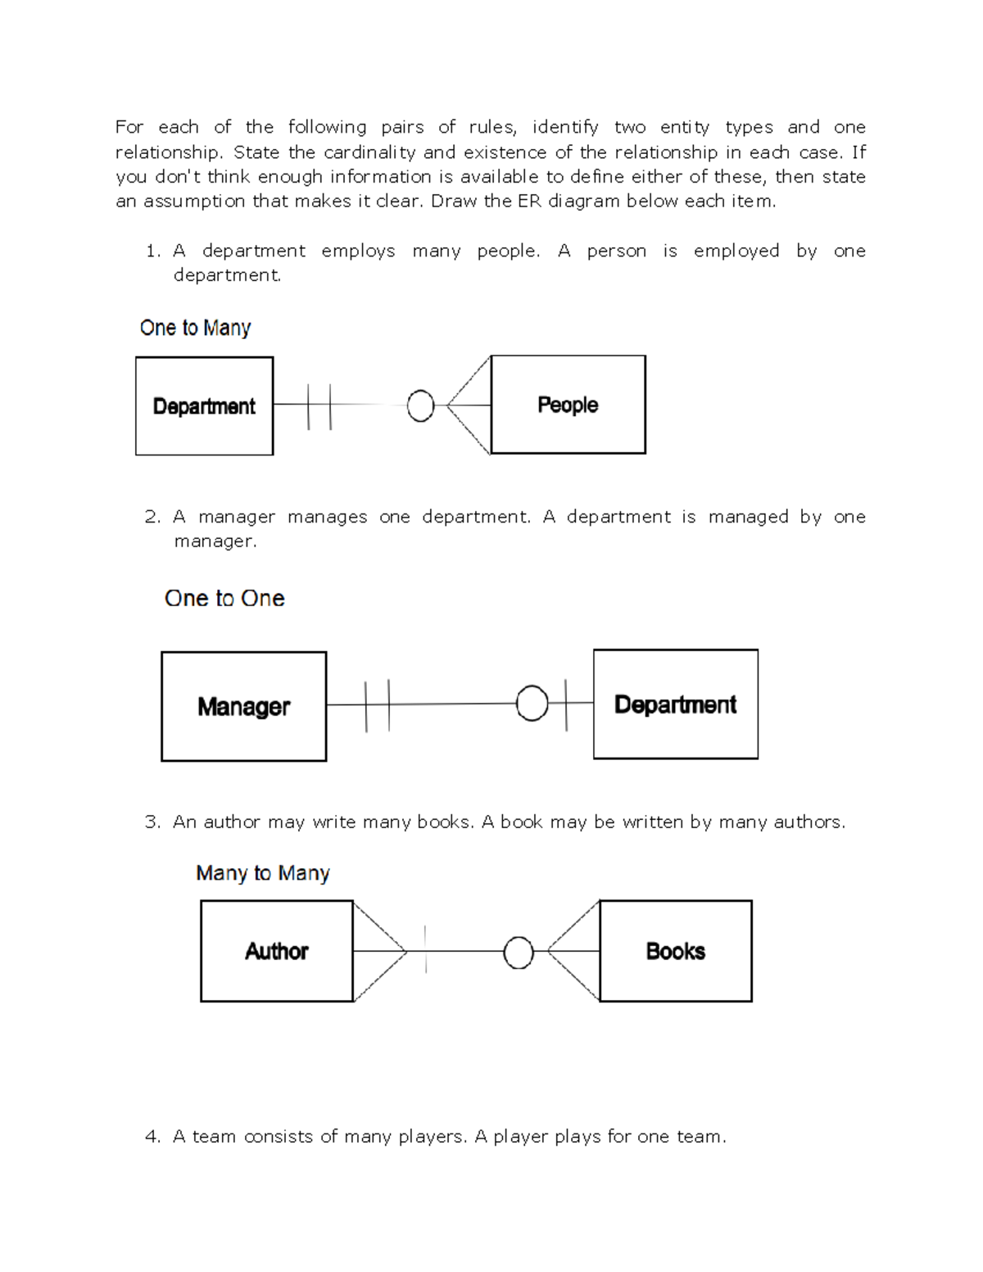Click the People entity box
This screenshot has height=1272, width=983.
[568, 405]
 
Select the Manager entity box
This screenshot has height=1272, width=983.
[243, 706]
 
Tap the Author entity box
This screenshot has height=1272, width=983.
[277, 951]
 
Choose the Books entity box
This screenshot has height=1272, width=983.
[676, 951]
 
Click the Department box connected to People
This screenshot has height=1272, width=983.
[204, 406]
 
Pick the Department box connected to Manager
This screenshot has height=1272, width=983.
[676, 704]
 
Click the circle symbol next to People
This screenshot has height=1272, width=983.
[420, 405]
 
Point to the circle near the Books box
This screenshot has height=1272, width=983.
[518, 953]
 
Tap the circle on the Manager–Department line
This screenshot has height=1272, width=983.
[532, 704]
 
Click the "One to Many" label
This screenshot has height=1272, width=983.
[195, 328]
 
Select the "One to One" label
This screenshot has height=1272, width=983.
[224, 598]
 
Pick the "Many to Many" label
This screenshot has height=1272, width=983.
[262, 873]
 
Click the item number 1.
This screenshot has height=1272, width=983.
[152, 251]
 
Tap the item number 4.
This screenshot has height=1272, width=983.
[152, 1137]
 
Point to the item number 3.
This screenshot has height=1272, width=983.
[152, 822]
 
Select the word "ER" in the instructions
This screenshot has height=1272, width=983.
[529, 201]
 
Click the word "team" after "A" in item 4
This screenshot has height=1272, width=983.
[214, 1137]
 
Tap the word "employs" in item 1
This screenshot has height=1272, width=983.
[358, 251]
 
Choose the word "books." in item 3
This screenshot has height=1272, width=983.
[446, 822]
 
